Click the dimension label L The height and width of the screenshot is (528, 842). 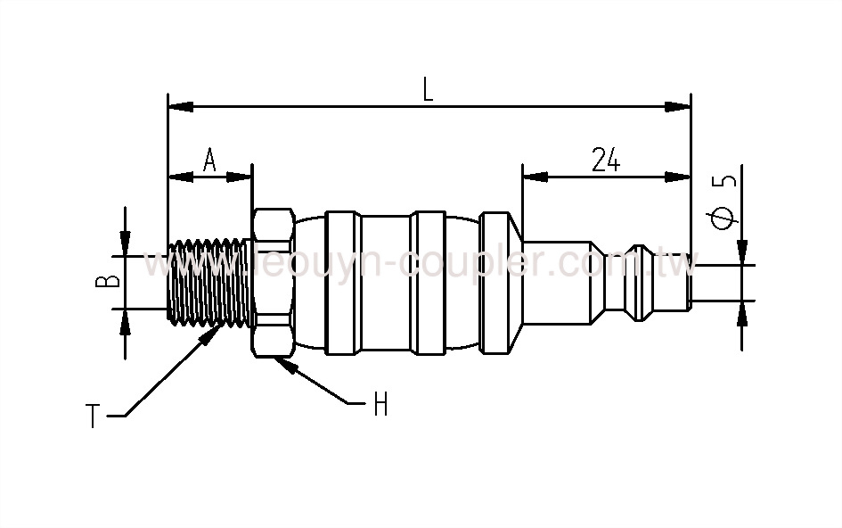428,88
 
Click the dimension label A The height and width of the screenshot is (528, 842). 210,161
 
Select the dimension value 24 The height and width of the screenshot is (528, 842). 605,160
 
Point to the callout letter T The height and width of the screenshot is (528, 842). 93,416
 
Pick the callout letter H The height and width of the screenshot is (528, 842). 380,406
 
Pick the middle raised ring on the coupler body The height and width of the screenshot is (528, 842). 428,282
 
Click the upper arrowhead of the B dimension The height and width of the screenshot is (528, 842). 126,243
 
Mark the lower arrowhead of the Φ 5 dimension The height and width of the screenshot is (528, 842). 741,312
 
